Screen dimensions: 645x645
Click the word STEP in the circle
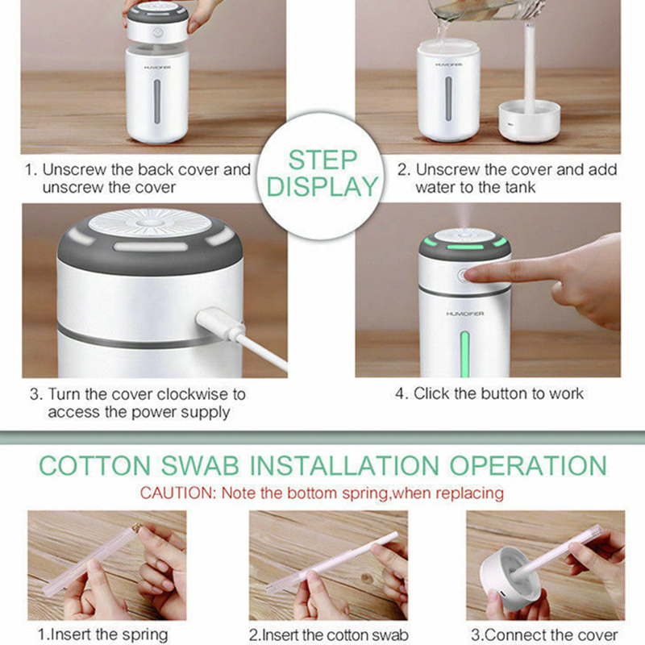322,160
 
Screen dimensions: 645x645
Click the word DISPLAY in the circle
322,186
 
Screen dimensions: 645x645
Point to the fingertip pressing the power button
470,275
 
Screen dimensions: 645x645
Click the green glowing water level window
465,354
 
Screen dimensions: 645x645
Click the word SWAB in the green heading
200,466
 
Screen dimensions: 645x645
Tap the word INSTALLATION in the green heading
345,466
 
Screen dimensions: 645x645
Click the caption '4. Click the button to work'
489,393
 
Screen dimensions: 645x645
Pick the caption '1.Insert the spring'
102,635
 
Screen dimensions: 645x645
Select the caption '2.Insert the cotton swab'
328,635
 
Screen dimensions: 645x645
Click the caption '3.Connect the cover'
544,635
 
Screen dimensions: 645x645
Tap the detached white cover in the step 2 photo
530,121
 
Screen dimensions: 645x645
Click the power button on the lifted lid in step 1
158,32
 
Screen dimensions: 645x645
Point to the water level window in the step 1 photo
157,102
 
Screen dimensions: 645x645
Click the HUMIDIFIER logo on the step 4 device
465,314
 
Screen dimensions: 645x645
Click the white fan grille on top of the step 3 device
150,223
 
